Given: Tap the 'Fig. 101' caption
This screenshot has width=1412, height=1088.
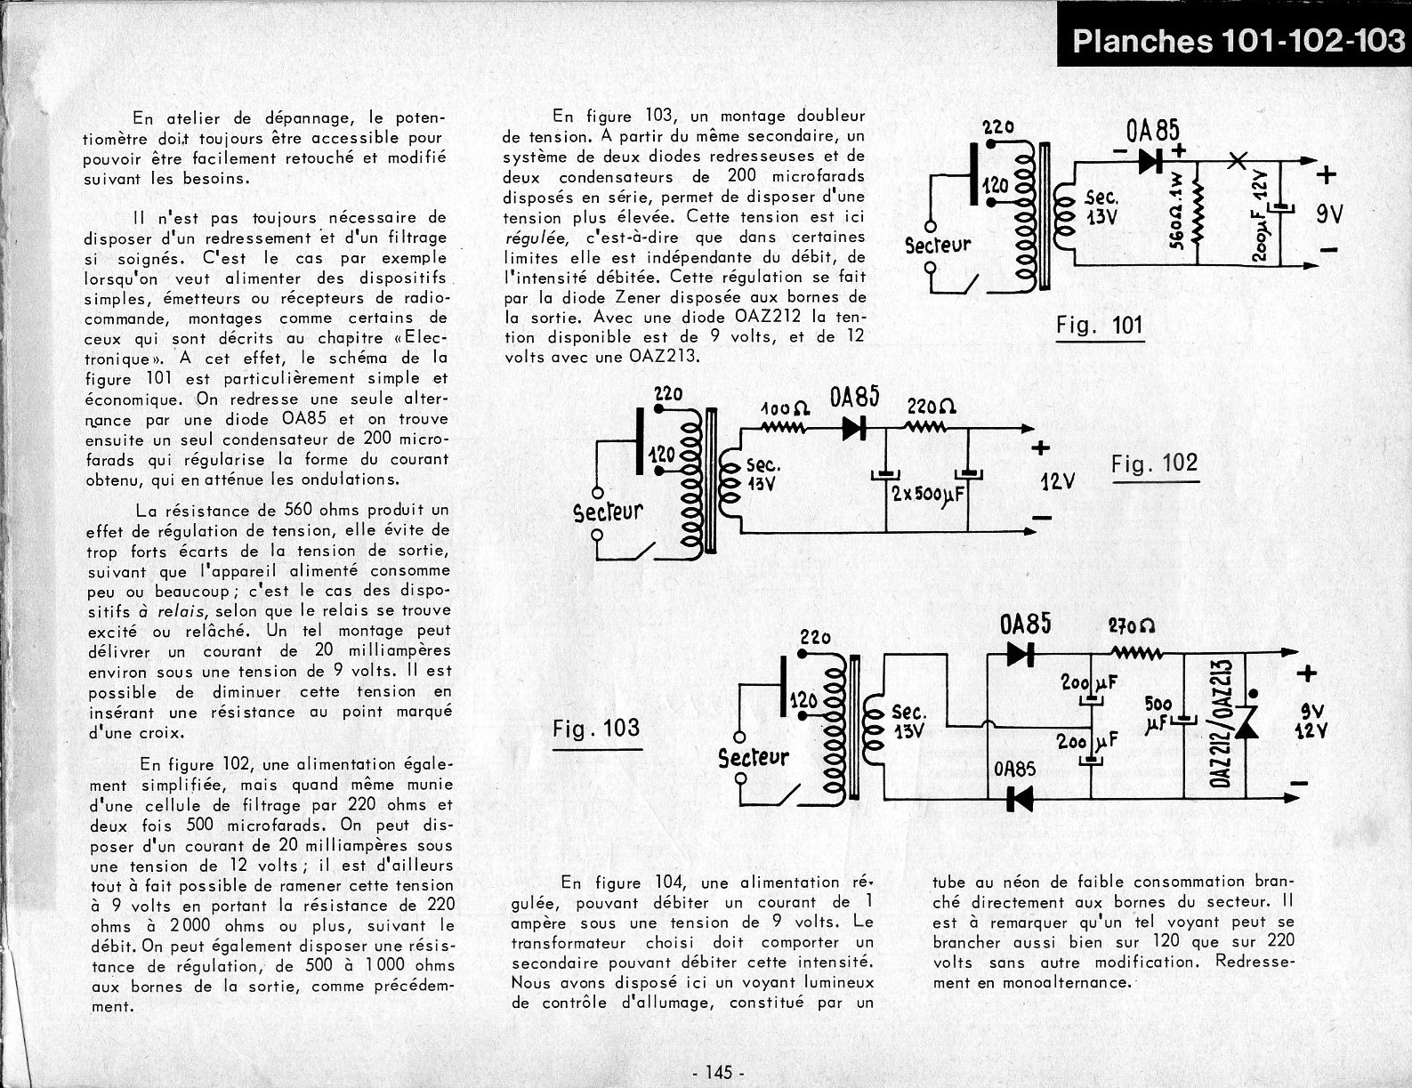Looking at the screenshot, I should click(1099, 326).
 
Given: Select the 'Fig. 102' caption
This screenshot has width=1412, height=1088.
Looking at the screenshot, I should click(1154, 463).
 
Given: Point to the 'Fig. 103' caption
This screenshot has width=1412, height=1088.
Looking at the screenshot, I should click(596, 729).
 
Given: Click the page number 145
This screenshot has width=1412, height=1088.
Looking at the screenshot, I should click(716, 1072).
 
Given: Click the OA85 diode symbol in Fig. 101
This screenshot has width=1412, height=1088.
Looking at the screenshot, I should click(1150, 161).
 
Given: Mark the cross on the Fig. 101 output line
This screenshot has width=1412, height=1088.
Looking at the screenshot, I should click(1236, 161).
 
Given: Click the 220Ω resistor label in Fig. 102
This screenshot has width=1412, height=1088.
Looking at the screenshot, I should click(931, 407).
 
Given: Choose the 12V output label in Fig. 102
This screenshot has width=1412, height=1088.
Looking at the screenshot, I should click(1057, 482).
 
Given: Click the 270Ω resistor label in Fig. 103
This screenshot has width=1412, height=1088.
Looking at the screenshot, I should click(1132, 626).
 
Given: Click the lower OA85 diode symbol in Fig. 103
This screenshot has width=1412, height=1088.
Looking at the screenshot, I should click(1019, 798).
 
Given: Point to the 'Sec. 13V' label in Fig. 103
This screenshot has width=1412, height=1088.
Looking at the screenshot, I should click(908, 721).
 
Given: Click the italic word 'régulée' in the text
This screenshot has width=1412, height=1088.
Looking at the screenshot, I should click(530, 238).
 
